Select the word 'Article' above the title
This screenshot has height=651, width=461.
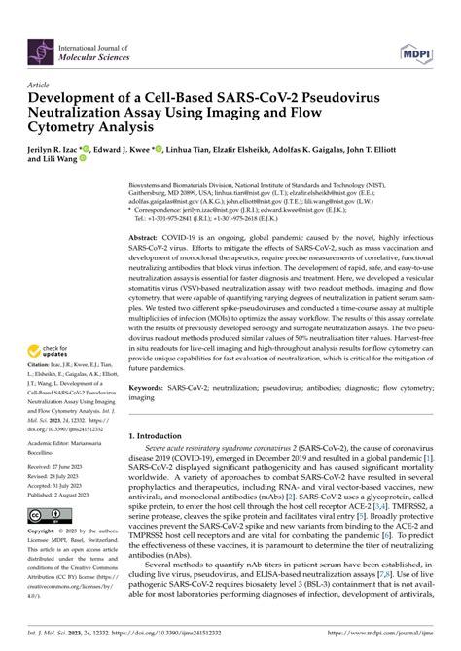click(42, 85)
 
